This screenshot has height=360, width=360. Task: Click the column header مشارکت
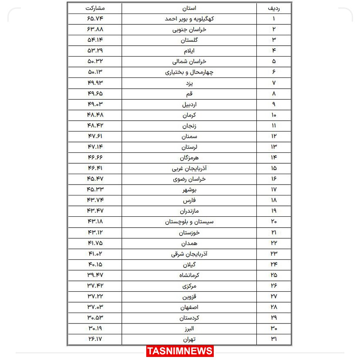pyautogui.click(x=95, y=8)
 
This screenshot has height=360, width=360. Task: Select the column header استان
pyautogui.click(x=189, y=8)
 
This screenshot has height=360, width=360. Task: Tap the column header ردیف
pyautogui.click(x=274, y=8)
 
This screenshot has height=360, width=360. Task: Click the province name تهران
pyautogui.click(x=189, y=339)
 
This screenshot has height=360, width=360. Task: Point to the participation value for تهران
pyautogui.click(x=95, y=339)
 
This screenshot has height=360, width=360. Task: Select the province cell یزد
pyautogui.click(x=189, y=83)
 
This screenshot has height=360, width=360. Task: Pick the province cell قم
pyautogui.click(x=189, y=94)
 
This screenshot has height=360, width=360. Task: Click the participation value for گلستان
pyautogui.click(x=95, y=40)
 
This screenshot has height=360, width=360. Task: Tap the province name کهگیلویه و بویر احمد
pyautogui.click(x=189, y=19)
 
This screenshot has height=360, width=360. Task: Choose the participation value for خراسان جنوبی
pyautogui.click(x=95, y=29)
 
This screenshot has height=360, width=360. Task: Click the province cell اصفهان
pyautogui.click(x=189, y=307)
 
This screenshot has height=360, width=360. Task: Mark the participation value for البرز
pyautogui.click(x=95, y=328)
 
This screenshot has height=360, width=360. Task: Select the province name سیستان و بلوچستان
pyautogui.click(x=189, y=222)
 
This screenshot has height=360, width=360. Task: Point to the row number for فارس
pyautogui.click(x=274, y=200)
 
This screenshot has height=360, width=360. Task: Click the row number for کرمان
pyautogui.click(x=274, y=115)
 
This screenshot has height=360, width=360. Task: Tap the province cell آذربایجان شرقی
pyautogui.click(x=189, y=254)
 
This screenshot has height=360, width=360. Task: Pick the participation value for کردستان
pyautogui.click(x=95, y=317)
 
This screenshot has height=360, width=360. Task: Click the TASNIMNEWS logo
pyautogui.click(x=180, y=351)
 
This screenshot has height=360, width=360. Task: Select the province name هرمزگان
pyautogui.click(x=189, y=158)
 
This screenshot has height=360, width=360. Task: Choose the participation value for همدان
pyautogui.click(x=95, y=242)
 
